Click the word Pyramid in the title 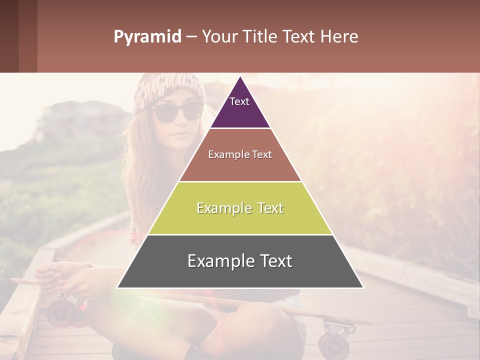click(x=147, y=37)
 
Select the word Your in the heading click(x=219, y=36)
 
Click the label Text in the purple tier click(x=239, y=101)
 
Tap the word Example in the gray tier click(x=220, y=261)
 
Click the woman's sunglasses click(x=177, y=112)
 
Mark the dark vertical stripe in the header click(x=28, y=36)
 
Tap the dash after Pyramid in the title click(x=191, y=37)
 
